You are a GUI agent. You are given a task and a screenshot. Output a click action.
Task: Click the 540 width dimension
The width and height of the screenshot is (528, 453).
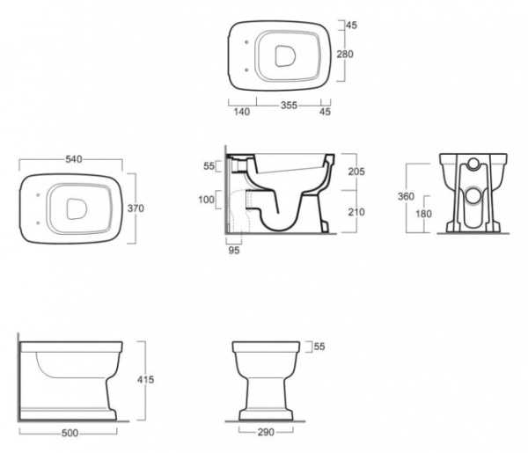[73, 159]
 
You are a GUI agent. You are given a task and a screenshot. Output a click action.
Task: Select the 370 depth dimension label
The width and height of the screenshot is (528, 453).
[136, 208]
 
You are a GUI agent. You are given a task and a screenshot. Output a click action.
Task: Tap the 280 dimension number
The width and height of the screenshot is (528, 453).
[345, 54]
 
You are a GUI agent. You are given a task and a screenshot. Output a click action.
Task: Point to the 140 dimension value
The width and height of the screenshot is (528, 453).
[242, 112]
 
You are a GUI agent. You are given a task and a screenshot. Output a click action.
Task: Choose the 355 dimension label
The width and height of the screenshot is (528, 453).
[290, 106]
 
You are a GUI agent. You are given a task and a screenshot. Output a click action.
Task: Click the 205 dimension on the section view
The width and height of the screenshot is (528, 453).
[356, 172]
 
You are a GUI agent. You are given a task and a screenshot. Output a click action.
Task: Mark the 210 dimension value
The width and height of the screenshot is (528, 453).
[356, 212]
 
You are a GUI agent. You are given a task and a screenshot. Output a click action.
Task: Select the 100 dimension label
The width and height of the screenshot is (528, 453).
[206, 200]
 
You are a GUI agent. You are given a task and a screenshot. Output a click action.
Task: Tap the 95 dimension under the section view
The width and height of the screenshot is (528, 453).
[234, 250]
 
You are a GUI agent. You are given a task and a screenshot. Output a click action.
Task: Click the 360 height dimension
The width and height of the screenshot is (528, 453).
[406, 196]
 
